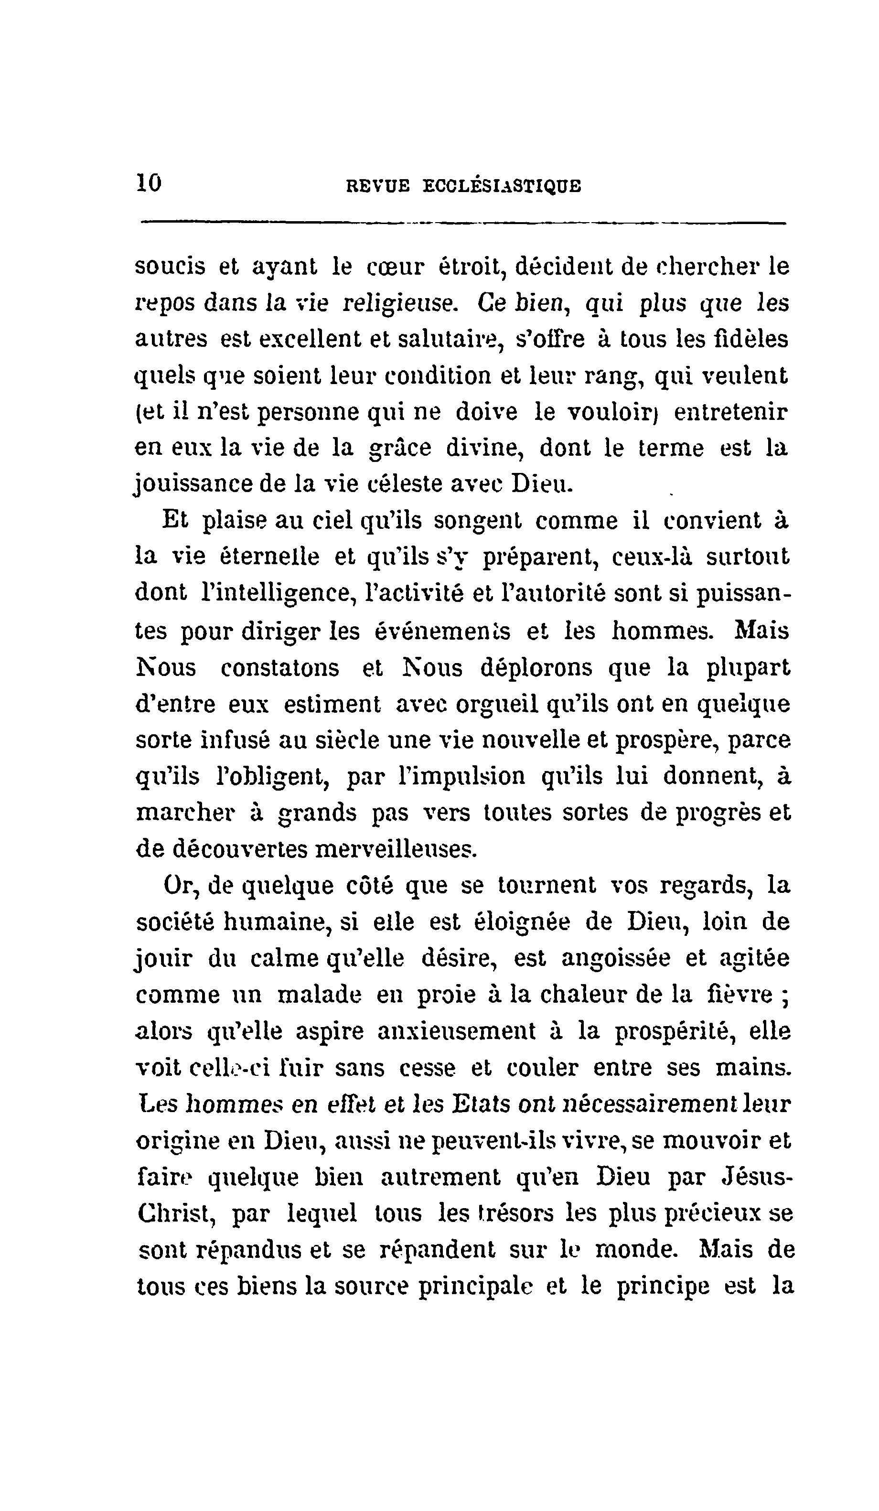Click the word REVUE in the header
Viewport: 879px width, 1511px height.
378,186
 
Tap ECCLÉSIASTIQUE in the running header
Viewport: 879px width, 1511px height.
502,186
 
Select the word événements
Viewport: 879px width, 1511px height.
442,631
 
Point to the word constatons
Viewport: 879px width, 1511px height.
279,667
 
